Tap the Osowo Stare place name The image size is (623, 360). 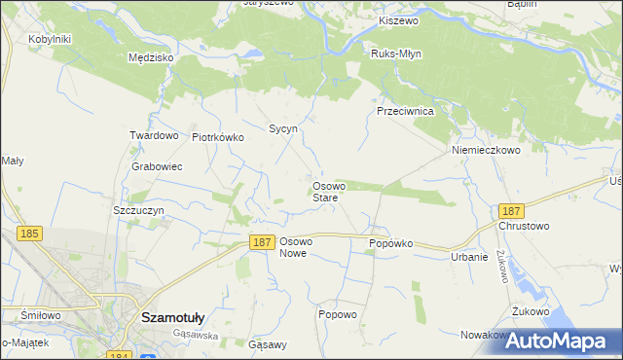(325, 192)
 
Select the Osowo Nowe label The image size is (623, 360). (295, 246)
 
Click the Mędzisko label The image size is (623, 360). (150, 57)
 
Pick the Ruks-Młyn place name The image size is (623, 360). (396, 54)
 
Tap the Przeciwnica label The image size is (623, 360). (405, 111)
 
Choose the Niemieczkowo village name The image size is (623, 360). (486, 151)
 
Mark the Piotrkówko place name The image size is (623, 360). (218, 137)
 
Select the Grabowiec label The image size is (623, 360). (157, 166)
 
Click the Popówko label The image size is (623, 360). (391, 243)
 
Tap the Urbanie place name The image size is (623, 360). (468, 257)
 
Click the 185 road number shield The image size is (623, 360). (28, 234)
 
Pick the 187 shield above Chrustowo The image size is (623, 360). (509, 210)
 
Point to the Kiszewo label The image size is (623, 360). (397, 20)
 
